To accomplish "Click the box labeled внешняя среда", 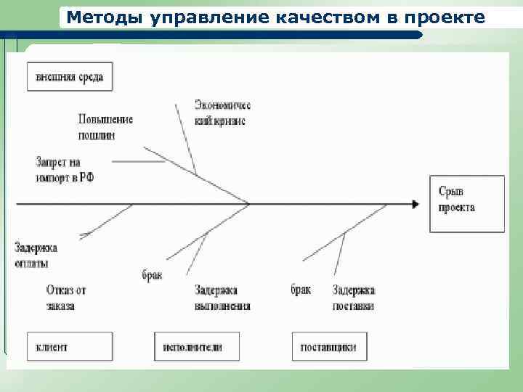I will pos(70,77).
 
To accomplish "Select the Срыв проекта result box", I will pos(466,203).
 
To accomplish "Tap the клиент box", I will pos(70,347).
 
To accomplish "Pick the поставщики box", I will pos(329,347).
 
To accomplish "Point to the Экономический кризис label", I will pos(222,113).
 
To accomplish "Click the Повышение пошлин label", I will pos(105,126).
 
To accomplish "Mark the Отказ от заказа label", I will pos(66,298).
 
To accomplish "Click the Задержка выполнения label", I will pos(222,298).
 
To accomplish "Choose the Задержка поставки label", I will pos(354,298).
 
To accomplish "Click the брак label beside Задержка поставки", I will pos(300,290).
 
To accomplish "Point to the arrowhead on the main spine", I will pos(415,205).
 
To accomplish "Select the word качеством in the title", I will pos(323,17).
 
